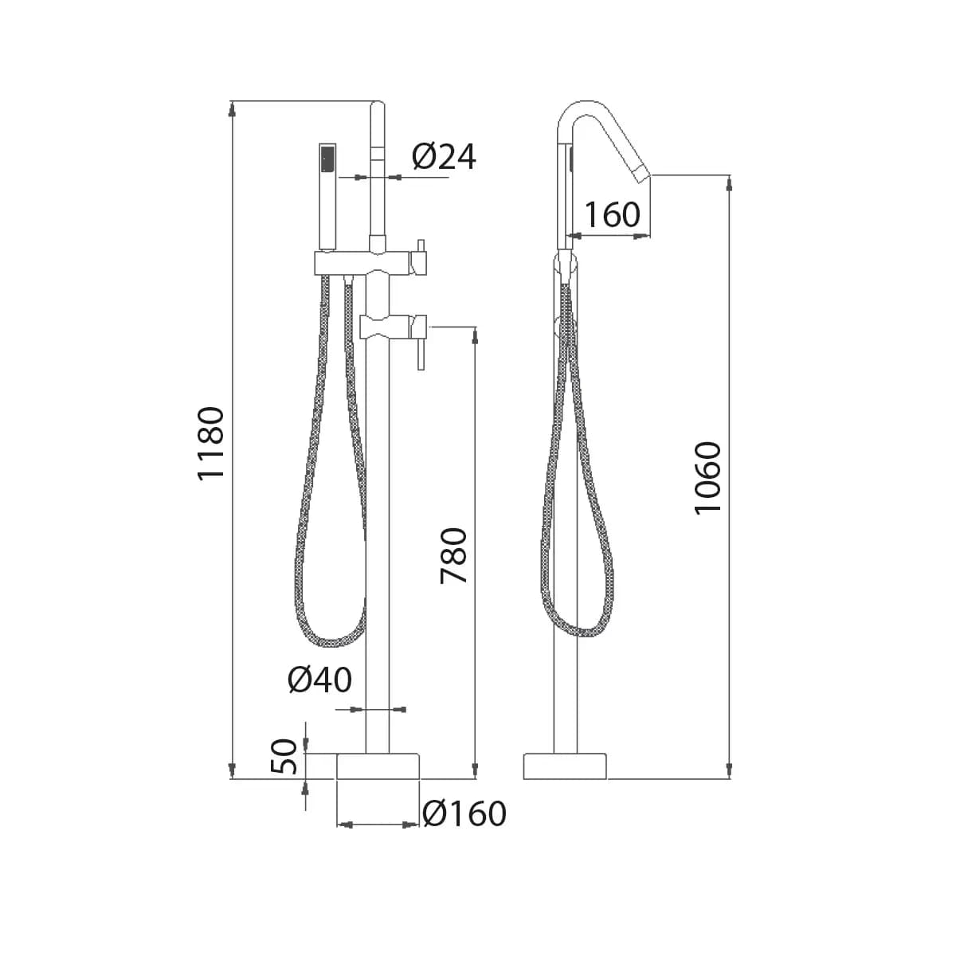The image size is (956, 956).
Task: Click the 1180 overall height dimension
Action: click(210, 443)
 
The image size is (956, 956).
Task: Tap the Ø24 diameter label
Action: click(444, 157)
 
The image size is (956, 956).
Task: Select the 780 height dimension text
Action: click(453, 555)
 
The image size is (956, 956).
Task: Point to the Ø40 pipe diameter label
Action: click(319, 680)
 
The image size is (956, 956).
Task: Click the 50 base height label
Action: click(284, 756)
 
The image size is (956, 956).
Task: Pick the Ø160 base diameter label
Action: click(464, 813)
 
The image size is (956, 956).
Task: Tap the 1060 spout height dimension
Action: click(707, 478)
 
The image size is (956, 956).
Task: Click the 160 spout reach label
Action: click(612, 215)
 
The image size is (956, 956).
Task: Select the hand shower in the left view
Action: click(327, 197)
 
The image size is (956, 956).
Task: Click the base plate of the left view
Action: click(378, 766)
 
